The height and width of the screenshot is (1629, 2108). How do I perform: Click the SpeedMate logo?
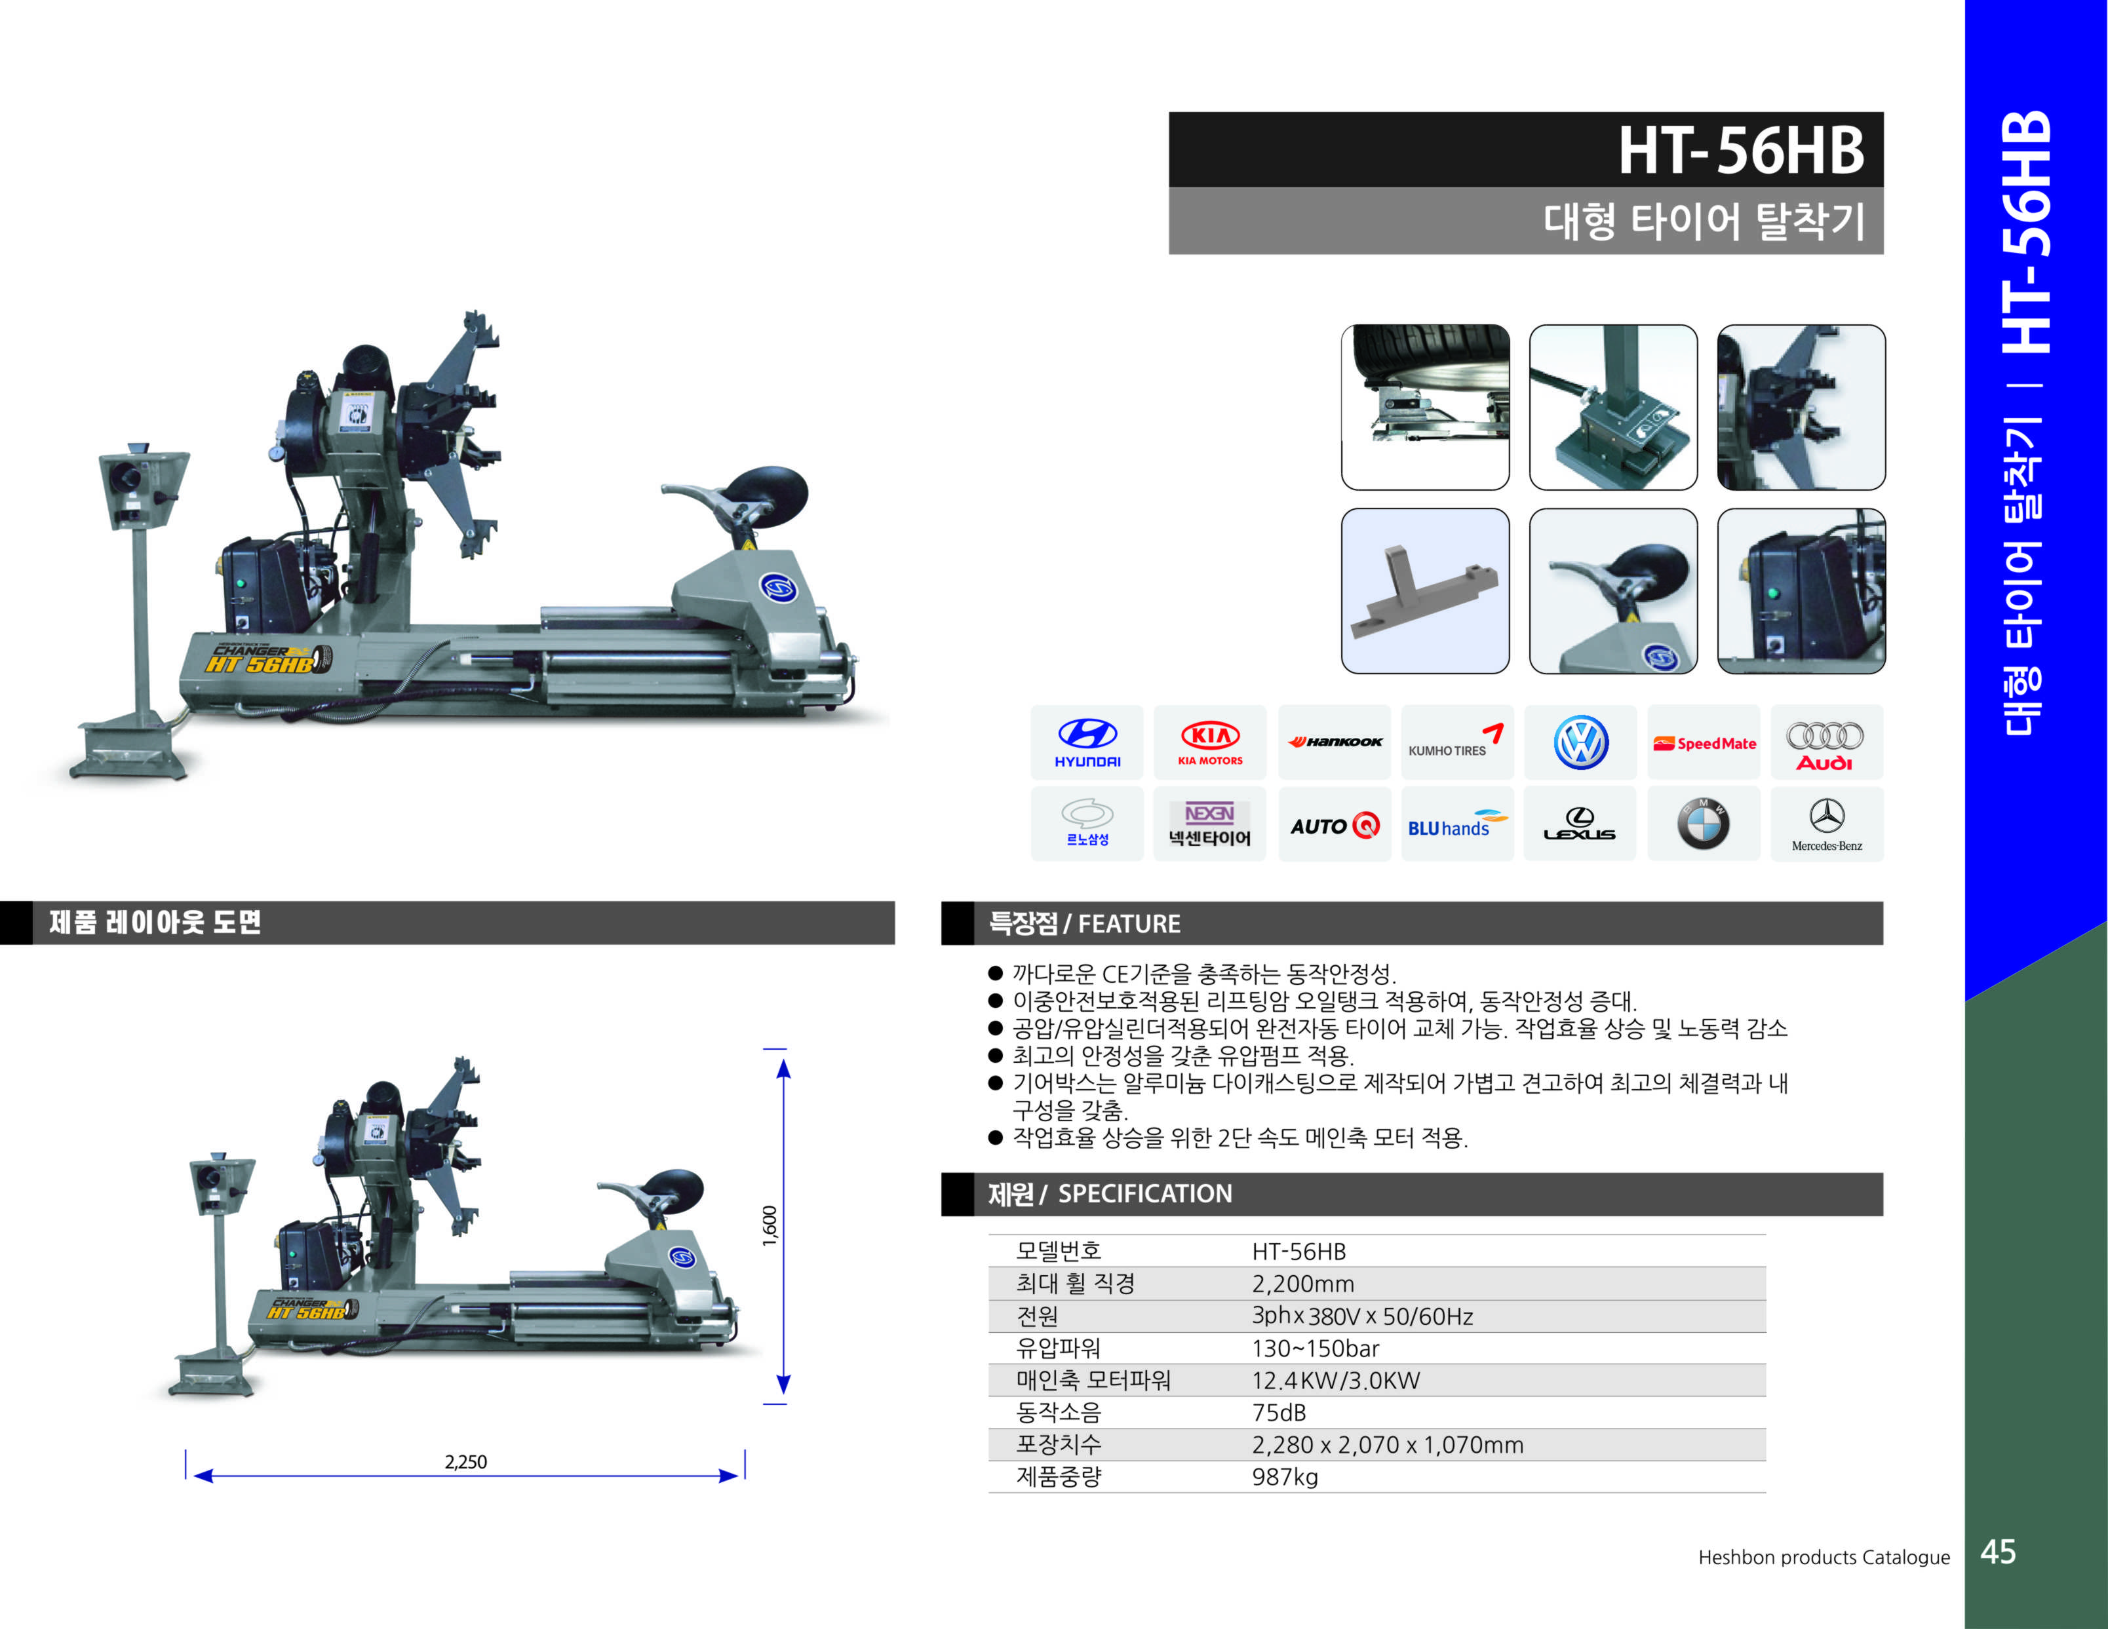[1704, 743]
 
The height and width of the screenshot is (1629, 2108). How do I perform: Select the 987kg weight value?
[1285, 1476]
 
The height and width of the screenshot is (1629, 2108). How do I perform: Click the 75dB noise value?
[1279, 1413]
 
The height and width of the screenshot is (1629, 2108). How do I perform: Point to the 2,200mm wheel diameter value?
[1303, 1284]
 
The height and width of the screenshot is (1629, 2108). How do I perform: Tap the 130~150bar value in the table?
[1316, 1348]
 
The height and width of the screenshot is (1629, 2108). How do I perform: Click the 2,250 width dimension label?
[465, 1462]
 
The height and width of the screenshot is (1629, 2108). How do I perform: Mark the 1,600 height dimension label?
[770, 1225]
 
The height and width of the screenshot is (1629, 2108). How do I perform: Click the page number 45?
[1998, 1552]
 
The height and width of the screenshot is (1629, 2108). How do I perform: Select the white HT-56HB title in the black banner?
[1740, 151]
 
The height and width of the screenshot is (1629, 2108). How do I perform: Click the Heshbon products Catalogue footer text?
[1824, 1557]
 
